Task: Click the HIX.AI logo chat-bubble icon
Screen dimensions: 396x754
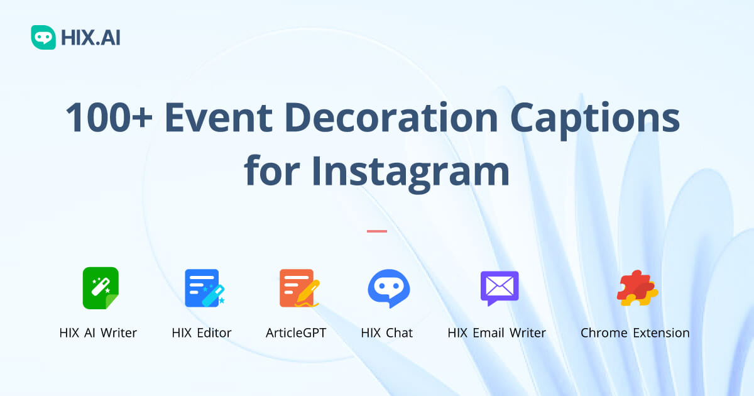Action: point(43,38)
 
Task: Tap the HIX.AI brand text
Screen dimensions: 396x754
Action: point(90,38)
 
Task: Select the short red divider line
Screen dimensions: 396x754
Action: point(377,231)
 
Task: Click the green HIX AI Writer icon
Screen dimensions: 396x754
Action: point(101,288)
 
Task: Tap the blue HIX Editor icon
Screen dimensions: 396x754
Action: point(204,288)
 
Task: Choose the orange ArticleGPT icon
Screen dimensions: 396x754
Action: point(298,288)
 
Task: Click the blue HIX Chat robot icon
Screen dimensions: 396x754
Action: point(388,288)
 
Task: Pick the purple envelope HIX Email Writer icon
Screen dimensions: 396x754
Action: point(500,288)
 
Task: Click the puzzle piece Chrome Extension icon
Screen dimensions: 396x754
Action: point(637,288)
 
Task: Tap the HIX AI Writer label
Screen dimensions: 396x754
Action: point(98,333)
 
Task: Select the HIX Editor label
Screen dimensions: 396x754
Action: point(202,333)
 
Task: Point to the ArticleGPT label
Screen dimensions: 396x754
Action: point(296,333)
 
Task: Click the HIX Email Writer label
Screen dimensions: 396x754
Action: point(496,333)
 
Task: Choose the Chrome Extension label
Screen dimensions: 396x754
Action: point(635,333)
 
